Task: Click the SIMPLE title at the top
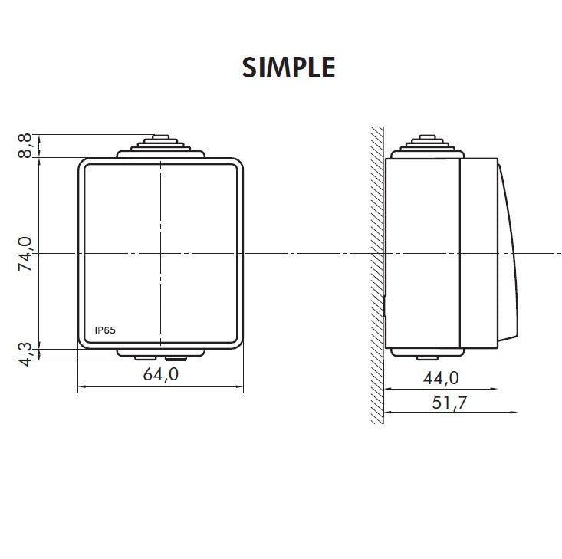tap(288, 67)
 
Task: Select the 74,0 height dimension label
tap(26, 253)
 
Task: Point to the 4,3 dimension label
tap(26, 353)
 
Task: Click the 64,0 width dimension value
tap(161, 374)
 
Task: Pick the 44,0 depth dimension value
tap(441, 377)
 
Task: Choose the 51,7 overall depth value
tap(450, 403)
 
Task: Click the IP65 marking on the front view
tap(105, 330)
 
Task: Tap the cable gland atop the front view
tap(160, 146)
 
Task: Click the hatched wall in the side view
tap(375, 276)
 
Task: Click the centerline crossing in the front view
tap(160, 253)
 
